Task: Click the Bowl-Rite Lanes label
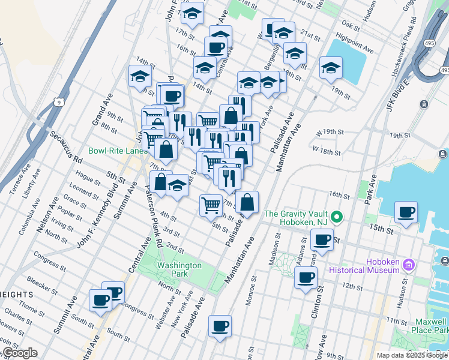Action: coord(118,151)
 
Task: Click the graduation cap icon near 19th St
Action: coord(330,68)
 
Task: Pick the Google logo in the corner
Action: coord(19,353)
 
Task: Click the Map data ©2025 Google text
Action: coord(412,355)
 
